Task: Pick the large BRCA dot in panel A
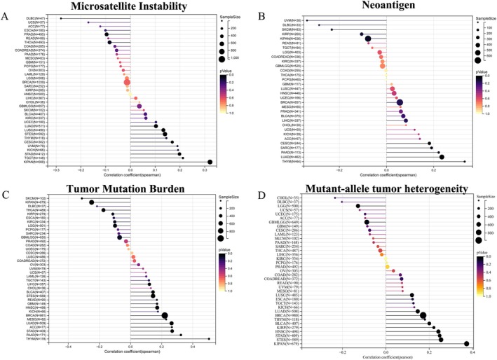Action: point(128,82)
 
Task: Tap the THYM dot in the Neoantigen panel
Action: point(464,162)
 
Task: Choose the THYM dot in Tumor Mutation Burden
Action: point(209,339)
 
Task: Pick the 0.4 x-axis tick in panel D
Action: point(474,352)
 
